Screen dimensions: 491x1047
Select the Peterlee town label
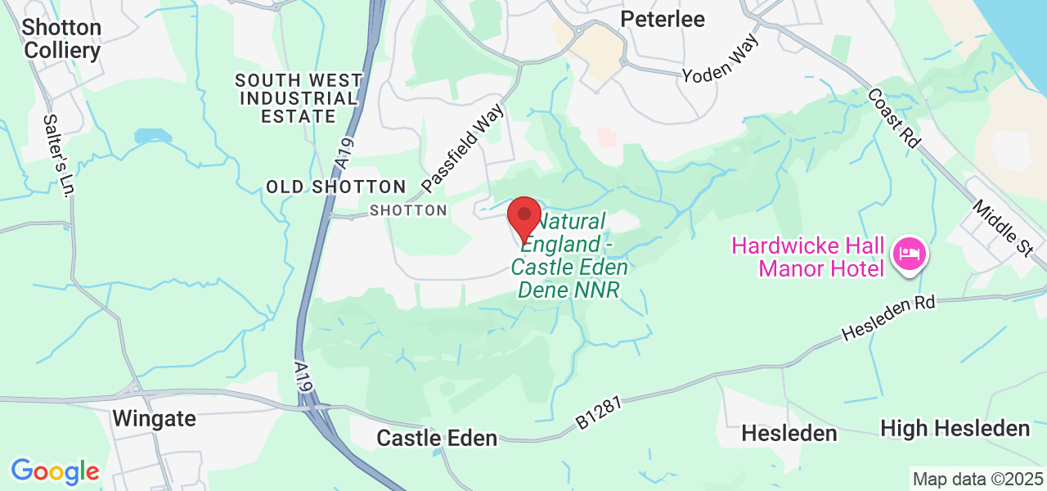663,19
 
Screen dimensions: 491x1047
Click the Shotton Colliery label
62,38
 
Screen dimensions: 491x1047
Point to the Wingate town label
154,418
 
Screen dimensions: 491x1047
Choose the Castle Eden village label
437,438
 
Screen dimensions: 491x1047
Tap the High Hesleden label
955,428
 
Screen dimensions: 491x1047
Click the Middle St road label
1002,226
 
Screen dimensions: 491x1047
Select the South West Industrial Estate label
299,98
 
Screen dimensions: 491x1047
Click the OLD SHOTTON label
335,187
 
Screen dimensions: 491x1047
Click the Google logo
55,471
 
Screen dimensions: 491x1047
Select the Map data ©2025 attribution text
977,479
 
